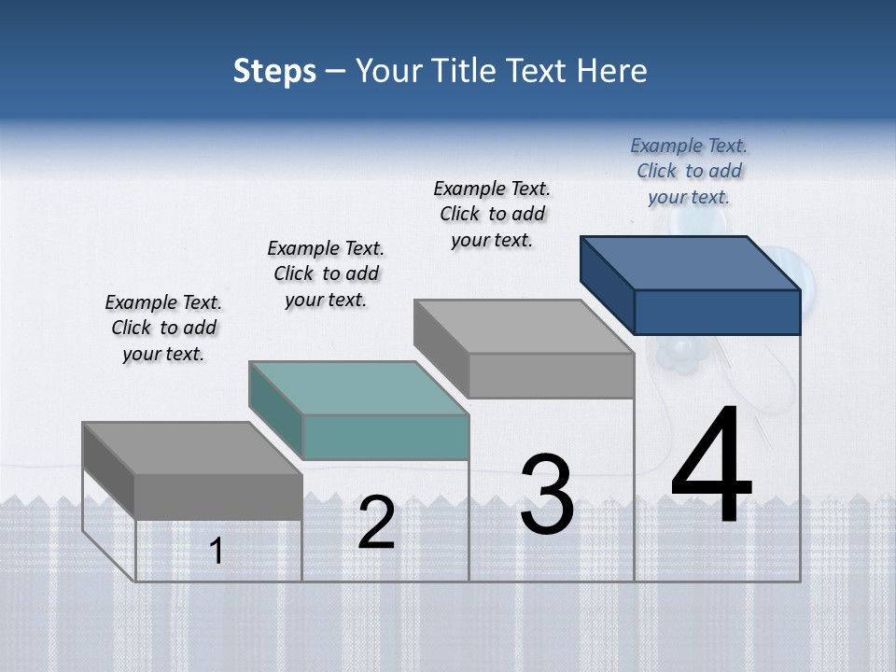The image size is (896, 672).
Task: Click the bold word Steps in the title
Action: click(x=274, y=71)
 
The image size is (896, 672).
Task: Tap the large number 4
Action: click(x=711, y=467)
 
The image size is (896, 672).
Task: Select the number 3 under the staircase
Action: click(x=547, y=495)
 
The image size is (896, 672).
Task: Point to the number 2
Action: click(x=377, y=523)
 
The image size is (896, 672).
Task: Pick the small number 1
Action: click(x=217, y=552)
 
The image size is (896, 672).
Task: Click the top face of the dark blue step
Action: click(x=691, y=262)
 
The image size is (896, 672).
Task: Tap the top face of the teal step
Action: click(x=358, y=387)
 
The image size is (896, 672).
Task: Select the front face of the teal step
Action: click(x=385, y=437)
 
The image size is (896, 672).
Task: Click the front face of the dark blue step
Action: click(x=717, y=312)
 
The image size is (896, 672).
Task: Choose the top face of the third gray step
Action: click(x=524, y=327)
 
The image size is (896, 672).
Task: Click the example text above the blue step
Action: click(x=689, y=172)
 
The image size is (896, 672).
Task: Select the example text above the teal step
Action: click(x=326, y=273)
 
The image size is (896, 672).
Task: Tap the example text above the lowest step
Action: click(x=163, y=328)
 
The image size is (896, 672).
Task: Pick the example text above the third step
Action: click(x=492, y=214)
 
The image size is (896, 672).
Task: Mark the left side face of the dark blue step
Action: click(x=608, y=284)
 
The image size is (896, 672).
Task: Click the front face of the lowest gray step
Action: click(x=218, y=496)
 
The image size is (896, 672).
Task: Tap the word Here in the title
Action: click(x=612, y=71)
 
